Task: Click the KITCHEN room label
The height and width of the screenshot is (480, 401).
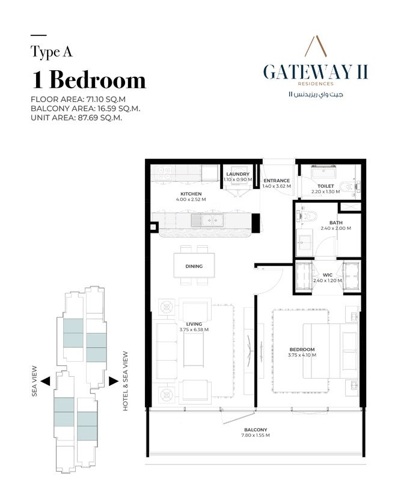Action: coord(191,194)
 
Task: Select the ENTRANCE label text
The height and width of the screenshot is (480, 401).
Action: coord(277,180)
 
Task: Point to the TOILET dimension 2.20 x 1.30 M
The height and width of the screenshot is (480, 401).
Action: coord(326,191)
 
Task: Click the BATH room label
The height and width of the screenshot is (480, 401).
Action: coord(336,223)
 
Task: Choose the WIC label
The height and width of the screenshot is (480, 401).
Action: coord(327,275)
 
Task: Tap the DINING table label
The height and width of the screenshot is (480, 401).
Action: coord(194,266)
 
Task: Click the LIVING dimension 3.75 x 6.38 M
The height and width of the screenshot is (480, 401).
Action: coord(194,330)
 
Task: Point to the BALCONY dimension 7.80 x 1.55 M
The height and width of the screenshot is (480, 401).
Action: coord(256,436)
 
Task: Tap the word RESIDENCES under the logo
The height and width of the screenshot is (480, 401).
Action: coord(316,84)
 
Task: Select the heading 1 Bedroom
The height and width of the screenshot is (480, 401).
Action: coord(88,79)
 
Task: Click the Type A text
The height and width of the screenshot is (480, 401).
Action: coord(51,52)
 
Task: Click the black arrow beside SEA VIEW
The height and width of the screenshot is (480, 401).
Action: coord(46,380)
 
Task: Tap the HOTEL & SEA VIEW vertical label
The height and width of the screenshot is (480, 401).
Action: coord(126,382)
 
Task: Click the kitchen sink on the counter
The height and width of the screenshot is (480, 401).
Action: coord(207,220)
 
